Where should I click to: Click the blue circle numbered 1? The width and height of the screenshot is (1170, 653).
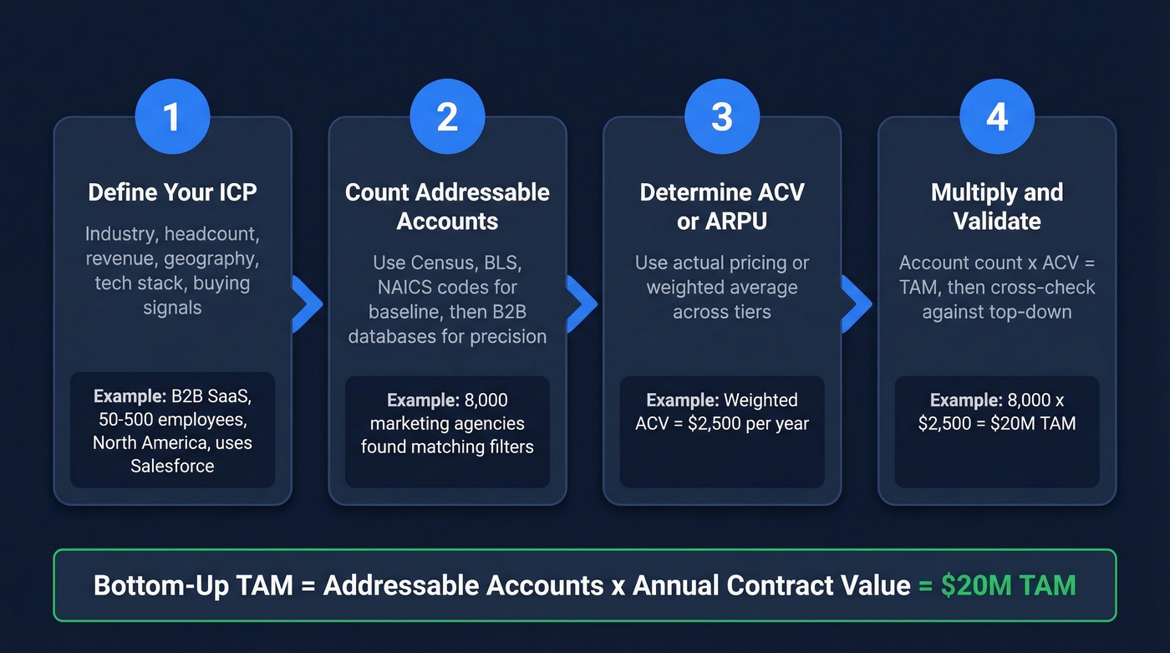click(x=172, y=117)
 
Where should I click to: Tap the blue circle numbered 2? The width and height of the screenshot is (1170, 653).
click(x=447, y=117)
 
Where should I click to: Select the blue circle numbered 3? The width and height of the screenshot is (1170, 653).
click(x=722, y=117)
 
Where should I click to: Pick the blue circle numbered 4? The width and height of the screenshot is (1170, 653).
click(x=997, y=117)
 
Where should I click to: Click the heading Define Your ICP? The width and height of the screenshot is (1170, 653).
click(x=172, y=192)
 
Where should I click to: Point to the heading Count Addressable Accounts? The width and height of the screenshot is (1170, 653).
click(x=447, y=207)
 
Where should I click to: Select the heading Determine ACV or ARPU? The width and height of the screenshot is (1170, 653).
click(x=722, y=207)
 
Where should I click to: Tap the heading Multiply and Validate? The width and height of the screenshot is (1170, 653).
click(x=997, y=207)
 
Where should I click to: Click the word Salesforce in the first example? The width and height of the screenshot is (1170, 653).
click(x=172, y=466)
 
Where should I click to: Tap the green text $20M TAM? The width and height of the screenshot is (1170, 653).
click(x=1008, y=585)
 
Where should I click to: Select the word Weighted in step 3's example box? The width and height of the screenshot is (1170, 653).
click(x=760, y=400)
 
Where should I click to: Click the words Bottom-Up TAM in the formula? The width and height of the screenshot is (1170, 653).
click(x=193, y=585)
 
